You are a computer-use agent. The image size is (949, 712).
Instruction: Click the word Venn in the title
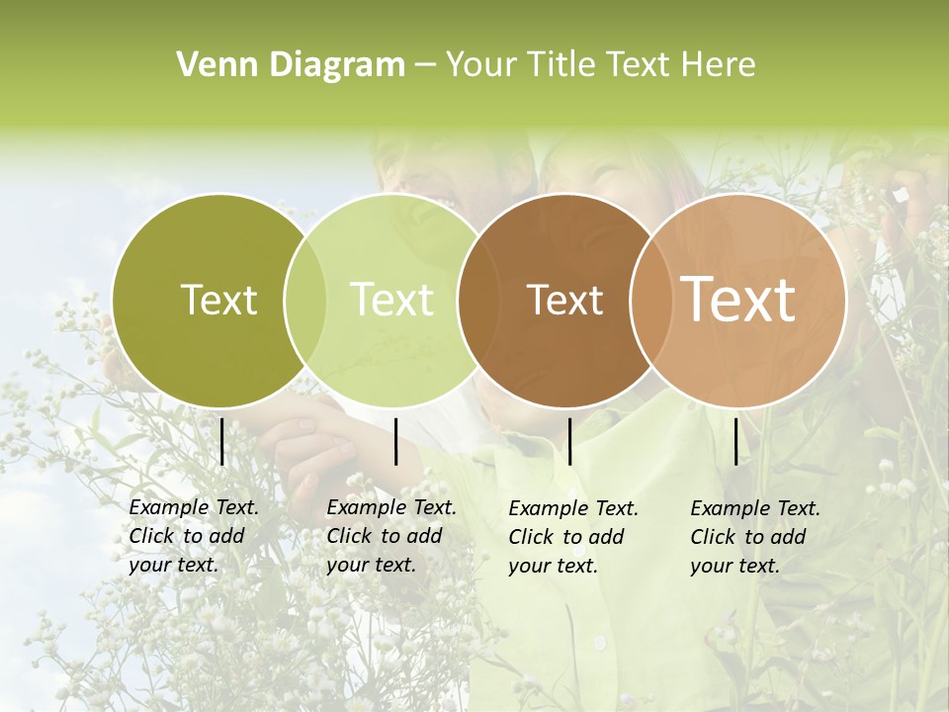pos(209,65)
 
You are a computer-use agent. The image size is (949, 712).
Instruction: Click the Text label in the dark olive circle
pos(218,300)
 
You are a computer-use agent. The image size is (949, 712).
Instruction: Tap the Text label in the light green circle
pos(391,300)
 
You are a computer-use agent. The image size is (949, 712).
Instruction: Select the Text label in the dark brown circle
pos(564,300)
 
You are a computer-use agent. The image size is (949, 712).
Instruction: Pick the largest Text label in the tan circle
pos(737,300)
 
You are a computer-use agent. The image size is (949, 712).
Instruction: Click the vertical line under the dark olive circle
pos(221,441)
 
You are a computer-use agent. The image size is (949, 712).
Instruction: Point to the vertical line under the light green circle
pos(395,441)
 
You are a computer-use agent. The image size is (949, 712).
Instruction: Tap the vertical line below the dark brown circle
pos(569,441)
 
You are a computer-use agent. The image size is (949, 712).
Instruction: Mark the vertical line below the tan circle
pos(735,441)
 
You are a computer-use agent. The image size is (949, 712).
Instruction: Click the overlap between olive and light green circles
pos(305,300)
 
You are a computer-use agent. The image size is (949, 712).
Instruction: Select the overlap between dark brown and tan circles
pos(647,300)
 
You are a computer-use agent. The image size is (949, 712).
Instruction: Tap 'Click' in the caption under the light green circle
pos(349,536)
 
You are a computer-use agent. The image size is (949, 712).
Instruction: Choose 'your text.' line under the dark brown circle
pos(553,567)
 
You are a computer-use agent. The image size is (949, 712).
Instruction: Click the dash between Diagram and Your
pos(424,65)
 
